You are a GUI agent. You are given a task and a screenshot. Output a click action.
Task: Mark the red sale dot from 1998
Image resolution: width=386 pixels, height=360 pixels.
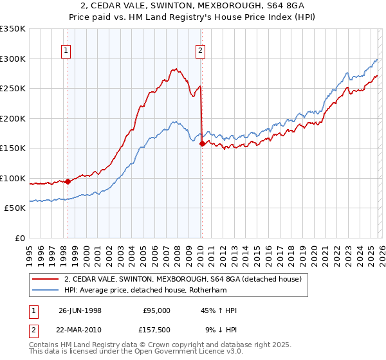(68, 181)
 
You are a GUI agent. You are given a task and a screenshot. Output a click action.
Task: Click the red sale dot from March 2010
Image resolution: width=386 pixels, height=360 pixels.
(202, 144)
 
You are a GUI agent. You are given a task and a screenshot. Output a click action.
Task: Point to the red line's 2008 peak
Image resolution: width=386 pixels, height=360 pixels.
(174, 68)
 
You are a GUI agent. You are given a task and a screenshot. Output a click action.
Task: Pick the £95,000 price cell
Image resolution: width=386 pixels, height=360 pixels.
(156, 310)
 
